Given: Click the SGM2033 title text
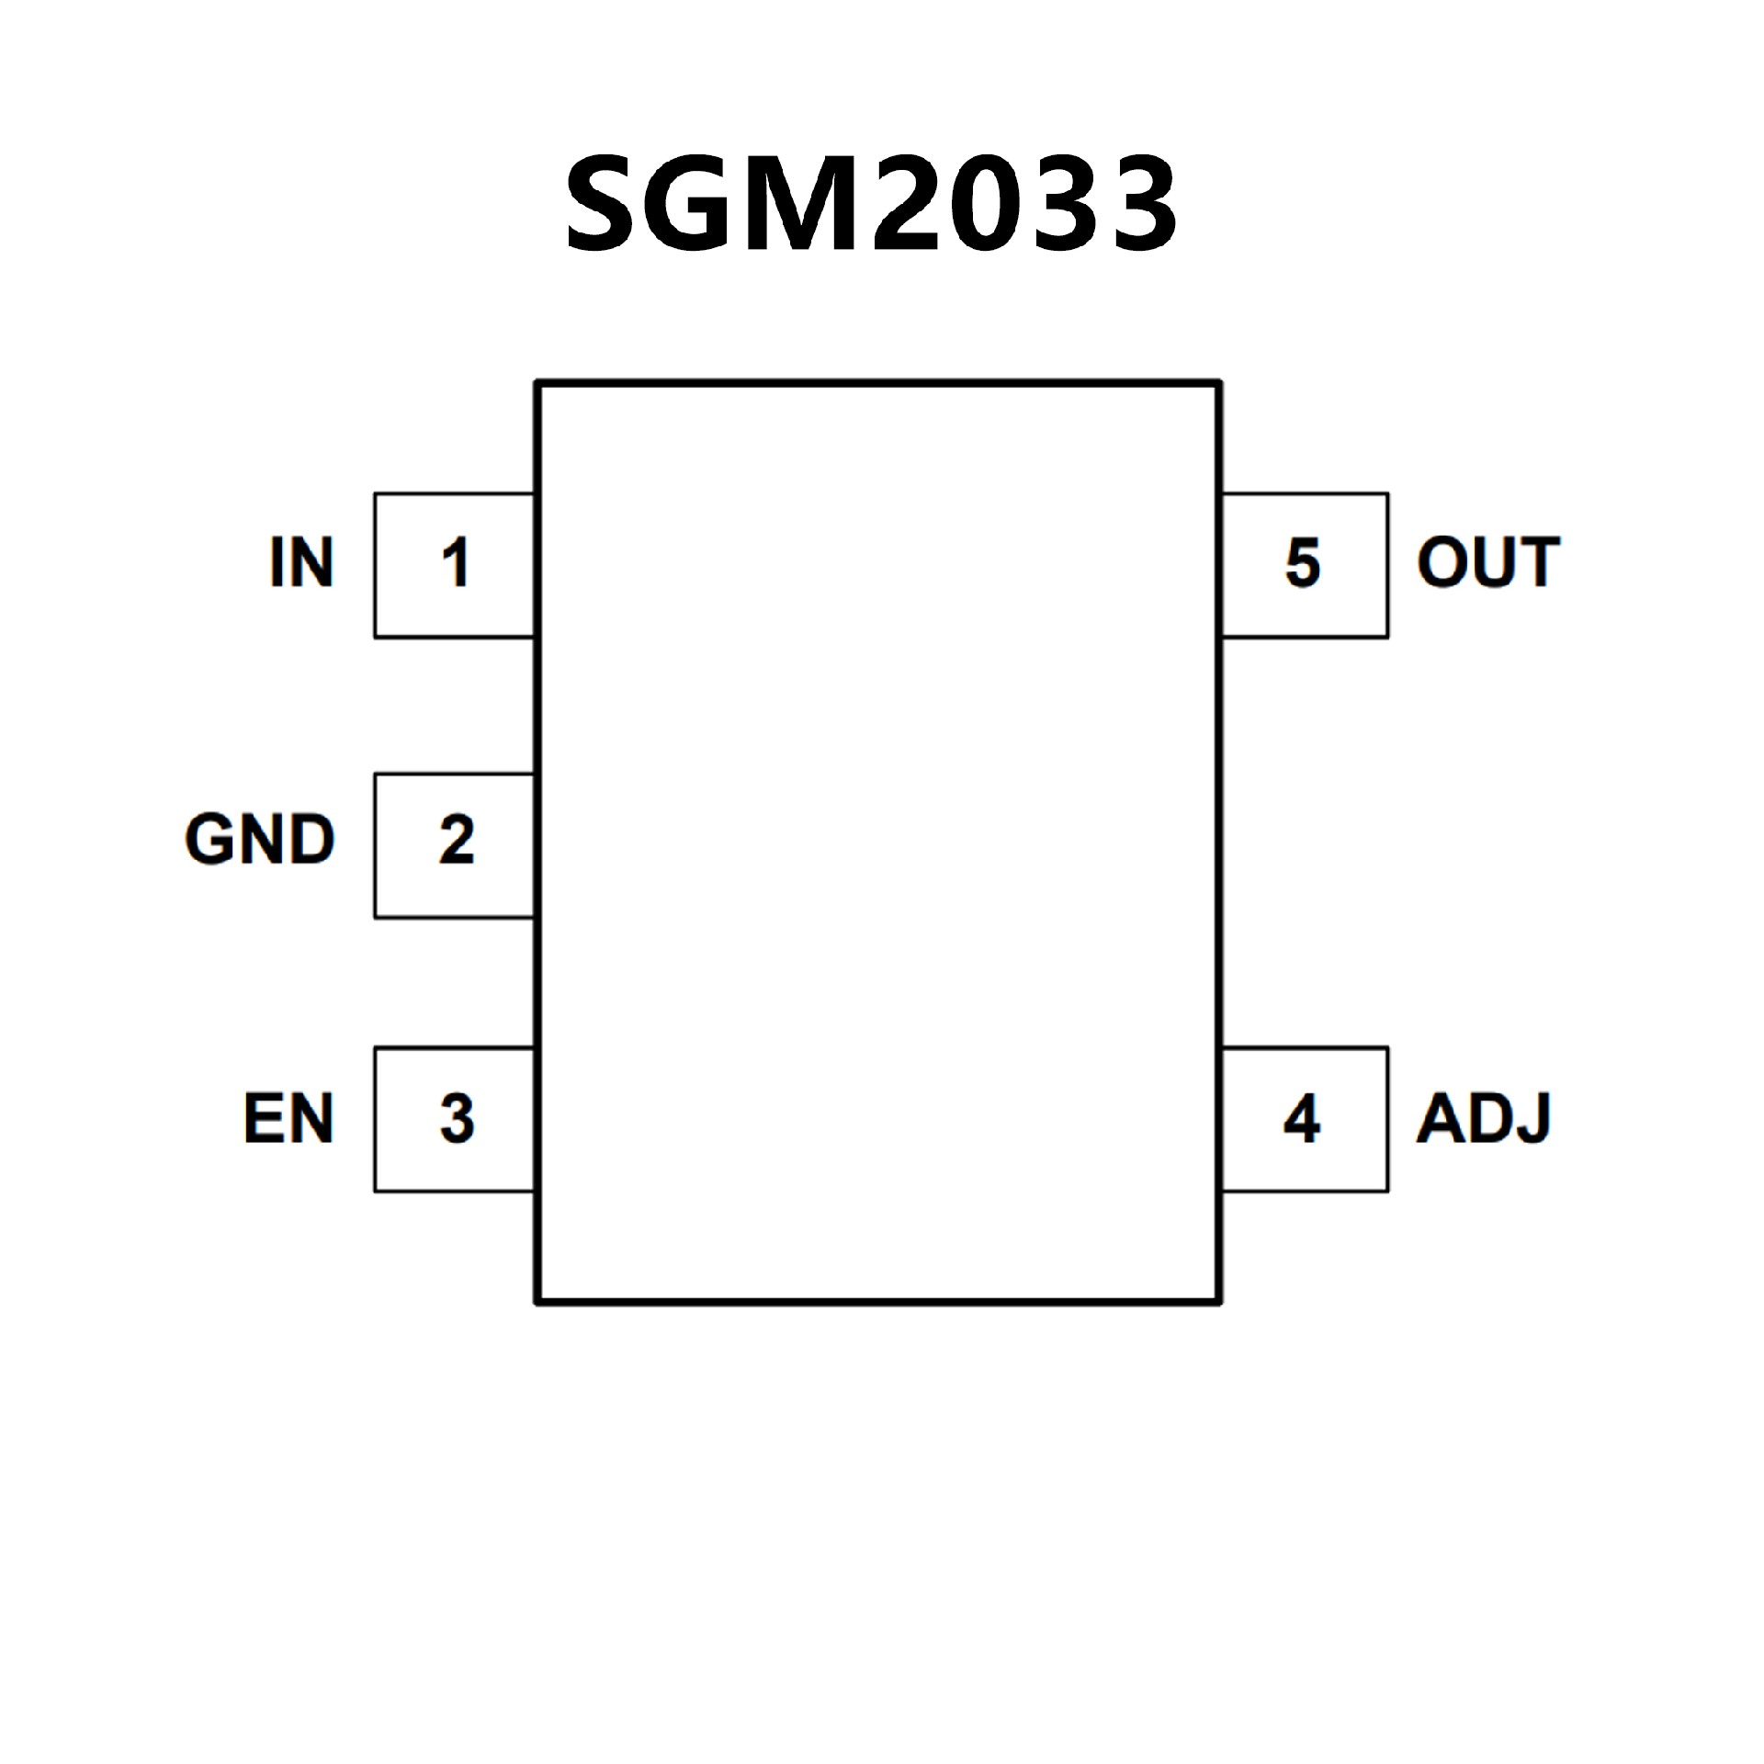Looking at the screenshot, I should click(870, 203).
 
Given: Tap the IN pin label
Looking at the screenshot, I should click(301, 562).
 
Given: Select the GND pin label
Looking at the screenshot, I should click(260, 840).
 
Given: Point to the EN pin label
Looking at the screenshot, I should click(288, 1118).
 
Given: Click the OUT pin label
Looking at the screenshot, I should click(1488, 562).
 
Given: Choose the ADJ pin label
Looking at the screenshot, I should click(1484, 1118).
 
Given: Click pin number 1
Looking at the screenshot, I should click(456, 562).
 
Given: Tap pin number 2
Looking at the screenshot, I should click(457, 840).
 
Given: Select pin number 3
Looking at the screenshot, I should click(457, 1118).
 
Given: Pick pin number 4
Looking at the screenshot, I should click(1302, 1118).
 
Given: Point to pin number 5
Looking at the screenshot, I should click(1303, 562).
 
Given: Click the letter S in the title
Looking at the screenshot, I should click(604, 203).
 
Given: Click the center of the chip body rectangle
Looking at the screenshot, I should click(878, 841).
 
